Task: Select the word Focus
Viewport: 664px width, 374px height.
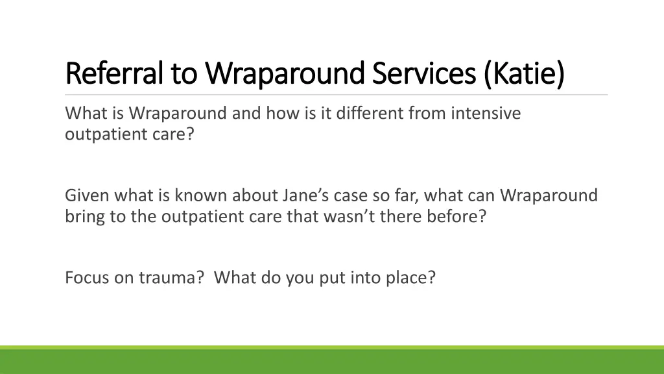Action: (84, 278)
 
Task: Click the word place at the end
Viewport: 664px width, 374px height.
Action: (412, 278)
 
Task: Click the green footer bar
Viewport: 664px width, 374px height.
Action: (332, 361)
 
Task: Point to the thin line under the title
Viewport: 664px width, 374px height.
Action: (337, 95)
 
